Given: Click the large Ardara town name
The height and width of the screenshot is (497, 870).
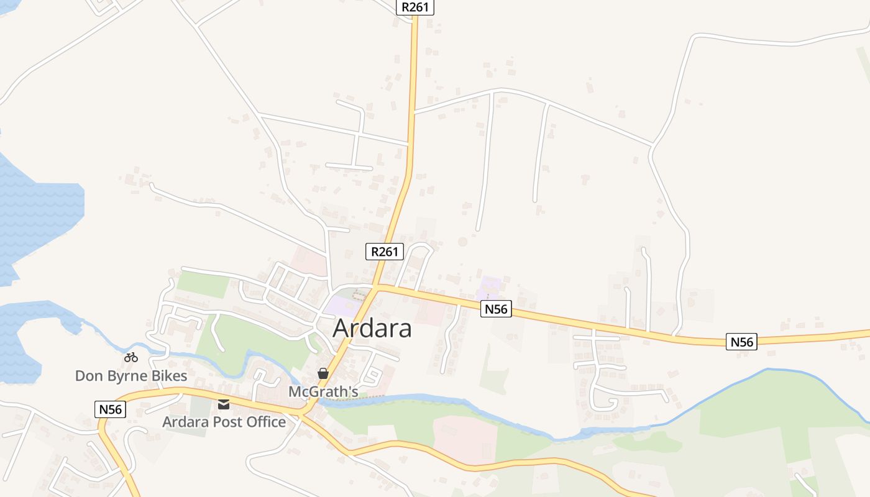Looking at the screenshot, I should (372, 328).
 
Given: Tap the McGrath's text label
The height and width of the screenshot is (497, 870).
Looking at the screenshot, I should (323, 392).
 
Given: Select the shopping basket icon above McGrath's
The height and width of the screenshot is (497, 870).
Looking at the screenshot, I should (323, 373).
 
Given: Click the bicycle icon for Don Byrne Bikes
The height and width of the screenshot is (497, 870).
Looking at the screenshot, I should (130, 357).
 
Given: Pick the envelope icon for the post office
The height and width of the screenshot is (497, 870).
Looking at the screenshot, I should (224, 404).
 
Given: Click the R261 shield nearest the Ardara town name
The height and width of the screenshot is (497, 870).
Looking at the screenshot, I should (385, 252).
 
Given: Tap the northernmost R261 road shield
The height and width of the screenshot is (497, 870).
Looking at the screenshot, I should (415, 7).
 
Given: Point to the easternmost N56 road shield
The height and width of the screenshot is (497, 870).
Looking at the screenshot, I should (742, 342).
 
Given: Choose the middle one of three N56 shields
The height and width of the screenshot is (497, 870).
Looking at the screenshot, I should (496, 309).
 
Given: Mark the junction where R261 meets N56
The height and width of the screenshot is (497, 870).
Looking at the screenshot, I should (377, 286).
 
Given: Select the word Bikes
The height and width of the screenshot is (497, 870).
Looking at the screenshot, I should (169, 376).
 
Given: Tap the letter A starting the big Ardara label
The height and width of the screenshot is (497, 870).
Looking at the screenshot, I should (341, 328).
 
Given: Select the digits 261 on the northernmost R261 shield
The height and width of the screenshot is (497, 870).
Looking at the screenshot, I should (420, 7).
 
